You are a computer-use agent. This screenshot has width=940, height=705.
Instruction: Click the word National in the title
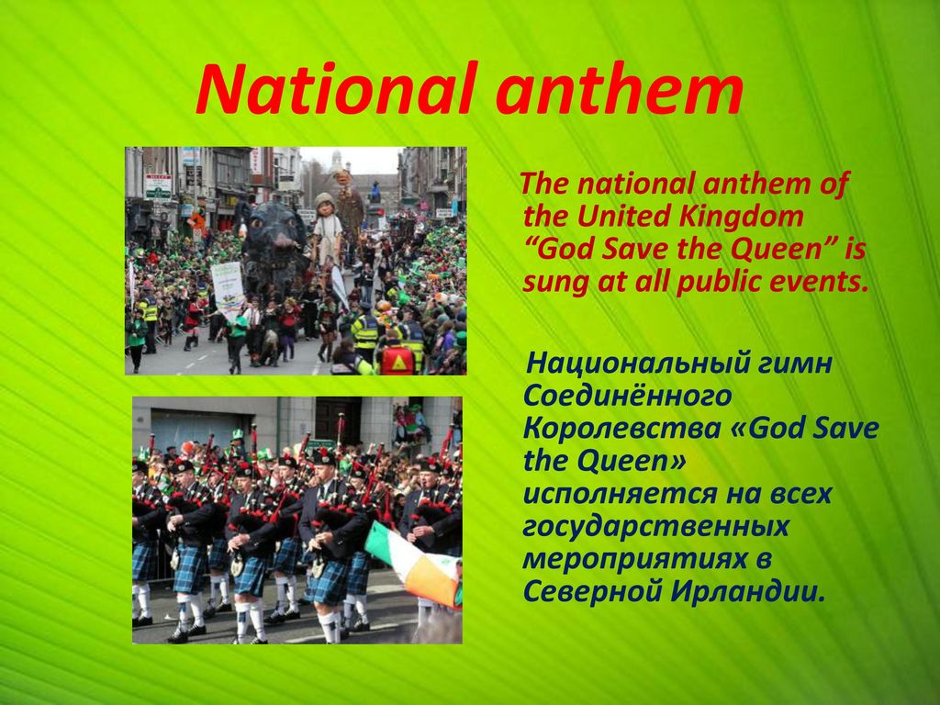coord(336,89)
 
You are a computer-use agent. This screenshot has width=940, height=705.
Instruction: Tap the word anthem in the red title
coord(620,89)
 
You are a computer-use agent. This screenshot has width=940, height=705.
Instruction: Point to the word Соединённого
coord(627,396)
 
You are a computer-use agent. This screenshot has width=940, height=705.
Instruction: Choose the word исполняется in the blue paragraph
coord(618,494)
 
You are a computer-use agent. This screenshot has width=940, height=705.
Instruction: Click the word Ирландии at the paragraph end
coord(748,592)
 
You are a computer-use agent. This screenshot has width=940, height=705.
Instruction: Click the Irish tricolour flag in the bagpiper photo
coord(414,564)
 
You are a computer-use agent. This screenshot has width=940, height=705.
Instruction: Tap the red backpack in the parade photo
coord(397,360)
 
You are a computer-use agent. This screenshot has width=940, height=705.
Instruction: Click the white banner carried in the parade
coord(228,291)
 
